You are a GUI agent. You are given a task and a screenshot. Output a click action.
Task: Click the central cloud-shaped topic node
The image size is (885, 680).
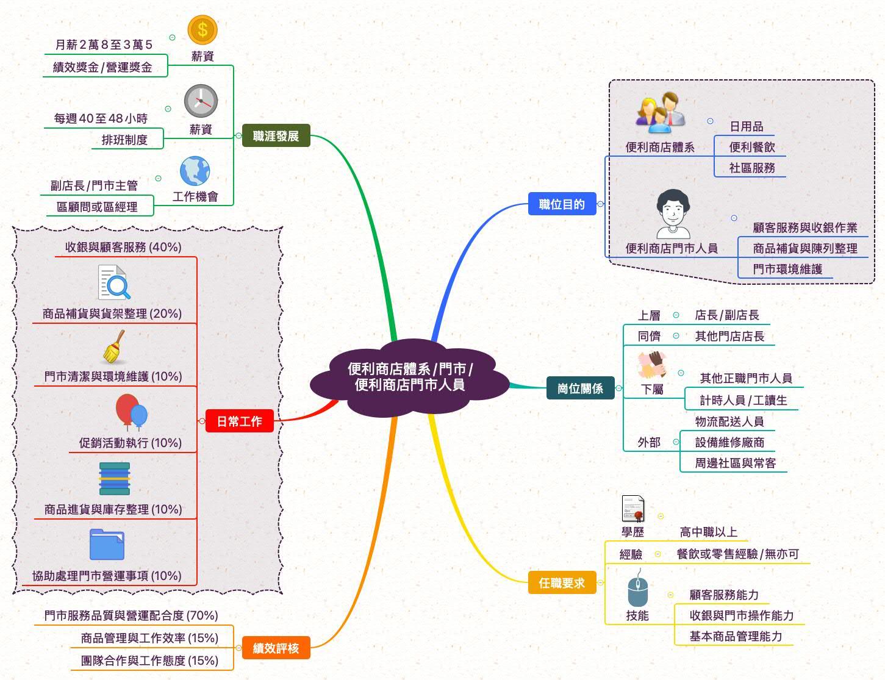coord(410,377)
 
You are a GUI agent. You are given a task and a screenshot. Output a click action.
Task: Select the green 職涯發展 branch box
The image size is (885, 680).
coord(276,136)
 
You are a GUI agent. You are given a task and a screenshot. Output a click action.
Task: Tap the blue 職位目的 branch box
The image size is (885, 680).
coord(562,204)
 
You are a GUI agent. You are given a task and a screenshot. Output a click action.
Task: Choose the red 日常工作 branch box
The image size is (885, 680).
coord(240,421)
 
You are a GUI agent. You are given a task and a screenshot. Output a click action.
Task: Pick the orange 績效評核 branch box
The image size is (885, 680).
coord(276,648)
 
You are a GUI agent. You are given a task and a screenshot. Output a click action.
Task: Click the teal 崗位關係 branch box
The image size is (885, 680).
coord(580,388)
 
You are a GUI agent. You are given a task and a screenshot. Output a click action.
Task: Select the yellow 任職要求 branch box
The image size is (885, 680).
coord(562,583)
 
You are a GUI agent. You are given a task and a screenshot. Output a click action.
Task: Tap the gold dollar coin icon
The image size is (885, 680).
coord(202,29)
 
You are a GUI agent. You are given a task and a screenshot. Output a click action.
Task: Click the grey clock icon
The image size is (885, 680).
coord(201,101)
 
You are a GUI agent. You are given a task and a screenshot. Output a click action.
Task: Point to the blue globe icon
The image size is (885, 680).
coord(195,171)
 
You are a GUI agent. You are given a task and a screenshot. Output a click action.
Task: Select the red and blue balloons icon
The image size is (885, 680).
coord(131,412)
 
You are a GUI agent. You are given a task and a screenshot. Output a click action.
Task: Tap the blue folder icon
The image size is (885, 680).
coord(107,545)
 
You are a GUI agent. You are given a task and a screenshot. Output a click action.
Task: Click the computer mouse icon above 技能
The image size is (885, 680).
coord(637,588)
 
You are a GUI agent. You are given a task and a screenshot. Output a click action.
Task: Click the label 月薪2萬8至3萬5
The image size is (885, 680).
coord(104,45)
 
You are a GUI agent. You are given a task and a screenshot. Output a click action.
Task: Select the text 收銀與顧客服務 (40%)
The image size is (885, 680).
coord(123,247)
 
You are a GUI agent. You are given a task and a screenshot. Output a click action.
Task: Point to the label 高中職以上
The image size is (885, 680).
coord(708,532)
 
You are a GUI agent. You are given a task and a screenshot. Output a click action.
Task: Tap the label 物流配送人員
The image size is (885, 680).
coord(729,421)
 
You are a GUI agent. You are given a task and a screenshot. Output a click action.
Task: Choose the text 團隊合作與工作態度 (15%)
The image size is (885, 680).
coord(149,660)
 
